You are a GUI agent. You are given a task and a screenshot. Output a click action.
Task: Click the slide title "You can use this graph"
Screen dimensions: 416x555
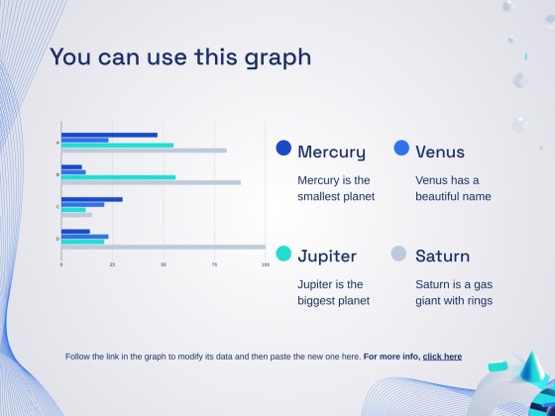180,56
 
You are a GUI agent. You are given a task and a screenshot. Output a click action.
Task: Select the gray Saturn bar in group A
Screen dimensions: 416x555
144,151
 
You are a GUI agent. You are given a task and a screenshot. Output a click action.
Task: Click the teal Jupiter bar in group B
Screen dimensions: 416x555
118,177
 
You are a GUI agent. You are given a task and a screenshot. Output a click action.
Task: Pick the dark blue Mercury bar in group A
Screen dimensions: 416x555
109,135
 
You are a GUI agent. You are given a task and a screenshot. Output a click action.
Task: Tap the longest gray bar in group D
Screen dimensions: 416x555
163,247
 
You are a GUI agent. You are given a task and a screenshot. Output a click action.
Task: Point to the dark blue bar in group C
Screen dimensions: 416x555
91,199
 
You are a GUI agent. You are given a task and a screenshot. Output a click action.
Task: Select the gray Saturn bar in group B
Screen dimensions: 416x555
151,182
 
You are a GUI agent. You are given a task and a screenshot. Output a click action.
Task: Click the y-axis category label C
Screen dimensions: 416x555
57,207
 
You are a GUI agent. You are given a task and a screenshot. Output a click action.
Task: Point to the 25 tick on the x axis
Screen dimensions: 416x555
112,265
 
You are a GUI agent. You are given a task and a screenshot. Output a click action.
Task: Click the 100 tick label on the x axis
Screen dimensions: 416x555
264,265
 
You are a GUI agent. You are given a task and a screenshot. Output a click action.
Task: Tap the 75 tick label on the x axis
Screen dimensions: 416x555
214,265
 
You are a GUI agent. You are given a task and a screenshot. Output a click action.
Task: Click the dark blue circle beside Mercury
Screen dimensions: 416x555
283,148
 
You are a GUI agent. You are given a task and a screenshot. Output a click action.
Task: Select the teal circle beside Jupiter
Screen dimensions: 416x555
283,254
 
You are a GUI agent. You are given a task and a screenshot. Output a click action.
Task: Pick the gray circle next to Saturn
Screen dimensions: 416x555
399,254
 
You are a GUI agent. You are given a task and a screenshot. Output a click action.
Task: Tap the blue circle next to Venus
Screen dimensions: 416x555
401,148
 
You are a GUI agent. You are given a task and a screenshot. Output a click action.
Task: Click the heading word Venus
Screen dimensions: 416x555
440,153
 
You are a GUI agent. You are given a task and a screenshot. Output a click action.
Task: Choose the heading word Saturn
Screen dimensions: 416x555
442,257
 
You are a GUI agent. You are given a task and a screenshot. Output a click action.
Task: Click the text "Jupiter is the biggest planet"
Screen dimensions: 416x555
333,292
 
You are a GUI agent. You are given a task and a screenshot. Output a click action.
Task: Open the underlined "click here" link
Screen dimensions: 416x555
442,357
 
